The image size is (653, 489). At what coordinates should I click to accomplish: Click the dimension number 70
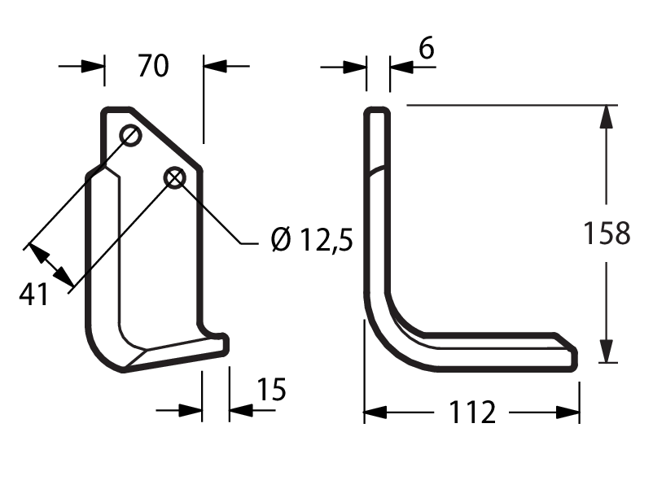pos(153,66)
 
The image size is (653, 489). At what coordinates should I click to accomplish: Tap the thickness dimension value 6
pos(427,48)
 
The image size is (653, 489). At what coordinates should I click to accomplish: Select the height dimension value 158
pos(607,233)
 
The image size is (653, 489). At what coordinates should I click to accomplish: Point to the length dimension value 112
pos(473,412)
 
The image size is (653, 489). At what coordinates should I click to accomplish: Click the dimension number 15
pos(271,390)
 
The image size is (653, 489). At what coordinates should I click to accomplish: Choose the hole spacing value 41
pos(33,295)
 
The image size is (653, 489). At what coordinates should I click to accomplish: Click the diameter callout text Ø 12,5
pos(312,240)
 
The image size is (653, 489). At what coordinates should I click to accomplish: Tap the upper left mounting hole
pos(130,135)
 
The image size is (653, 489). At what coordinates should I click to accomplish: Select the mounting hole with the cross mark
pos(175,178)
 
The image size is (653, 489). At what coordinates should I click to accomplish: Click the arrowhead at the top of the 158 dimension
pos(607,116)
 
